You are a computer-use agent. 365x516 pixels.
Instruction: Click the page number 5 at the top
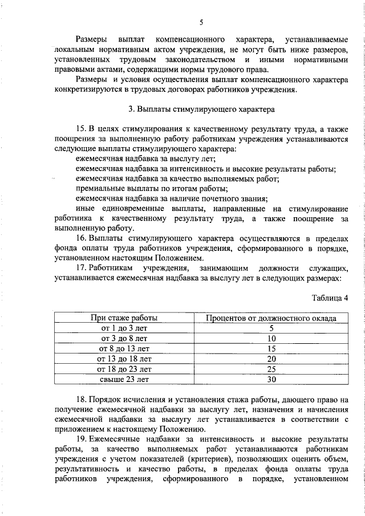pyautogui.click(x=201, y=22)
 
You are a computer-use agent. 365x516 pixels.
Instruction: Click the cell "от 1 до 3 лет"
pyautogui.click(x=124, y=328)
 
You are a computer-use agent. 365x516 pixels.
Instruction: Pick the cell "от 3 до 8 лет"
pyautogui.click(x=124, y=339)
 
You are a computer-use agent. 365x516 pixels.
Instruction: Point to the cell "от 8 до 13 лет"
pyautogui.click(x=124, y=349)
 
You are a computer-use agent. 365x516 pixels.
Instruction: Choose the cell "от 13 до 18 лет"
pyautogui.click(x=124, y=359)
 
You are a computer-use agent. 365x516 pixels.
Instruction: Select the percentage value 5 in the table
pyautogui.click(x=271, y=328)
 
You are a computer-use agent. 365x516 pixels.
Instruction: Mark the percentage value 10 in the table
pyautogui.click(x=271, y=339)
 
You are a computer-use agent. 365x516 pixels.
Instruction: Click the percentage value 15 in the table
pyautogui.click(x=271, y=349)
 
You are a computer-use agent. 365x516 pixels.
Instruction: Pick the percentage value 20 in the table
pyautogui.click(x=271, y=359)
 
